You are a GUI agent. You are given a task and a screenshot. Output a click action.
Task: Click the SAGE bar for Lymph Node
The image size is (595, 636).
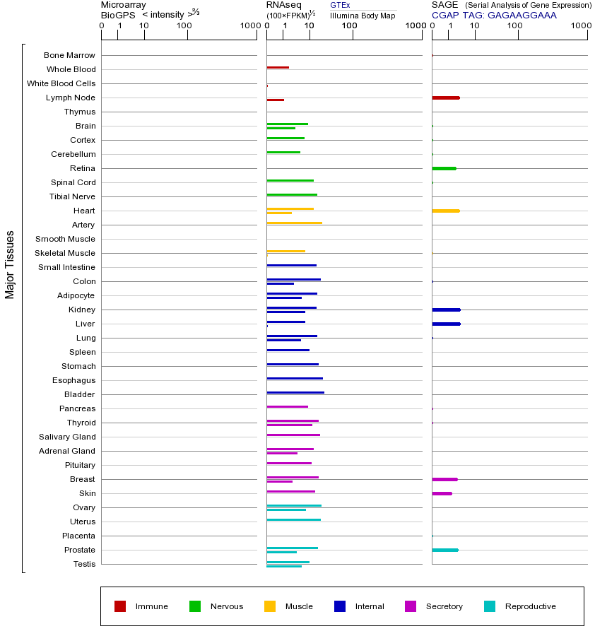tap(446, 98)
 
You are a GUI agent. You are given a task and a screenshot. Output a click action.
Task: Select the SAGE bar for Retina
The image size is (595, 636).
tap(444, 168)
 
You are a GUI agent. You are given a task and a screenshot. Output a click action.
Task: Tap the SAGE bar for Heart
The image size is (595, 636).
tap(446, 211)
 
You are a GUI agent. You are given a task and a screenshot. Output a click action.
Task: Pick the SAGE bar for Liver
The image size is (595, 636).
tap(446, 324)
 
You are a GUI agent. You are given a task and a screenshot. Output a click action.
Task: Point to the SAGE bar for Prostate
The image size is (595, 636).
tap(445, 550)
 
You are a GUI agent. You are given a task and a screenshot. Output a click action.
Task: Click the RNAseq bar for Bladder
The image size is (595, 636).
tap(295, 392)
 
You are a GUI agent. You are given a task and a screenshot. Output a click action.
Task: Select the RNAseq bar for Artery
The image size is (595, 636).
tap(294, 223)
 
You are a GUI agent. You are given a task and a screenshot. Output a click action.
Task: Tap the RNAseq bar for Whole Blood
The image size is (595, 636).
tap(278, 67)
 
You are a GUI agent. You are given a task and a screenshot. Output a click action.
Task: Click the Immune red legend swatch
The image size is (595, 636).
tap(120, 606)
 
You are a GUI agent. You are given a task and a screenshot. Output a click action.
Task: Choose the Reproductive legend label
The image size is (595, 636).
tap(530, 606)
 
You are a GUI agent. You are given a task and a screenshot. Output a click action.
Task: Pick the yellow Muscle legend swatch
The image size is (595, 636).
tap(270, 606)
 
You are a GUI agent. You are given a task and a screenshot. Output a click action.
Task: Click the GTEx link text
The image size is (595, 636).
tap(340, 6)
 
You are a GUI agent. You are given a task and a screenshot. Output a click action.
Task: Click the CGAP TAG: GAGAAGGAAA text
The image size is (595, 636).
tap(494, 15)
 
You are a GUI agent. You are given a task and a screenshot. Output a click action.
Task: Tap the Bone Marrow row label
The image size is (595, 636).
tap(69, 55)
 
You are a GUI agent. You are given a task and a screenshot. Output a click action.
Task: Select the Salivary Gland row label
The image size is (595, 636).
tap(67, 437)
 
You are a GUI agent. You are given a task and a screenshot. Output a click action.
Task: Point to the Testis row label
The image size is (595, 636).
tap(84, 564)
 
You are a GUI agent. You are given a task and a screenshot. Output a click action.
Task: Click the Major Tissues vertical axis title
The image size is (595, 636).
tap(10, 264)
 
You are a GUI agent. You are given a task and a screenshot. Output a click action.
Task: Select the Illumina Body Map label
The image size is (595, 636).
tap(363, 16)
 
